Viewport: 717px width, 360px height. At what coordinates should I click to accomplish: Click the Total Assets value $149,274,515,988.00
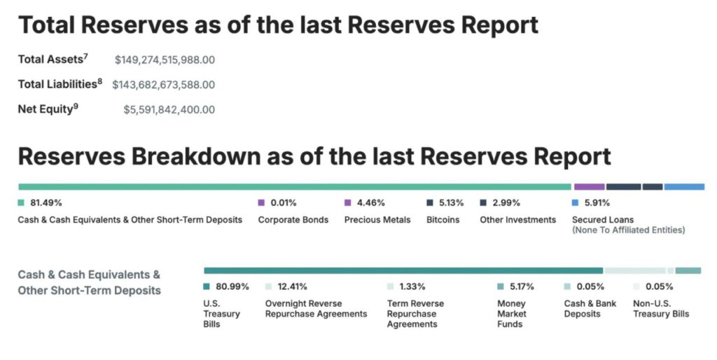pos(165,60)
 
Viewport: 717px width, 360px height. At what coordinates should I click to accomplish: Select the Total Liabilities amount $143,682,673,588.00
pos(163,85)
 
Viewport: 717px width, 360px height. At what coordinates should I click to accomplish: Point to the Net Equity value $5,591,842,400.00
pos(169,109)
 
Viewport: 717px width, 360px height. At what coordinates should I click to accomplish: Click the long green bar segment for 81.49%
pos(294,187)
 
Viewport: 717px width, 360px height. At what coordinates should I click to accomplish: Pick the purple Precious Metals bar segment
pos(589,187)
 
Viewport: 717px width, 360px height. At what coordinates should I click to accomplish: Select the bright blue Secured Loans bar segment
pos(684,187)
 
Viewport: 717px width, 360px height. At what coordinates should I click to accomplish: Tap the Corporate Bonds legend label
pos(293,220)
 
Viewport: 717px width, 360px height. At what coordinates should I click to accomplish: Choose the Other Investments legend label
pos(517,220)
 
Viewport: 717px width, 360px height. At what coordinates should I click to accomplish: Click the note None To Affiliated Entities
pos(628,230)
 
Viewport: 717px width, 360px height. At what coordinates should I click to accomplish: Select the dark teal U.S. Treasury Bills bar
pos(403,270)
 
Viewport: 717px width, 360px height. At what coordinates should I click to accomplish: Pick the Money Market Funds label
pos(512,314)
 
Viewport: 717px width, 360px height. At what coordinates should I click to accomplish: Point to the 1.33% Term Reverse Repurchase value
pos(412,286)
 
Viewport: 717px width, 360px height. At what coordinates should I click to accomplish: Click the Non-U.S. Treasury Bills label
pos(661,309)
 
